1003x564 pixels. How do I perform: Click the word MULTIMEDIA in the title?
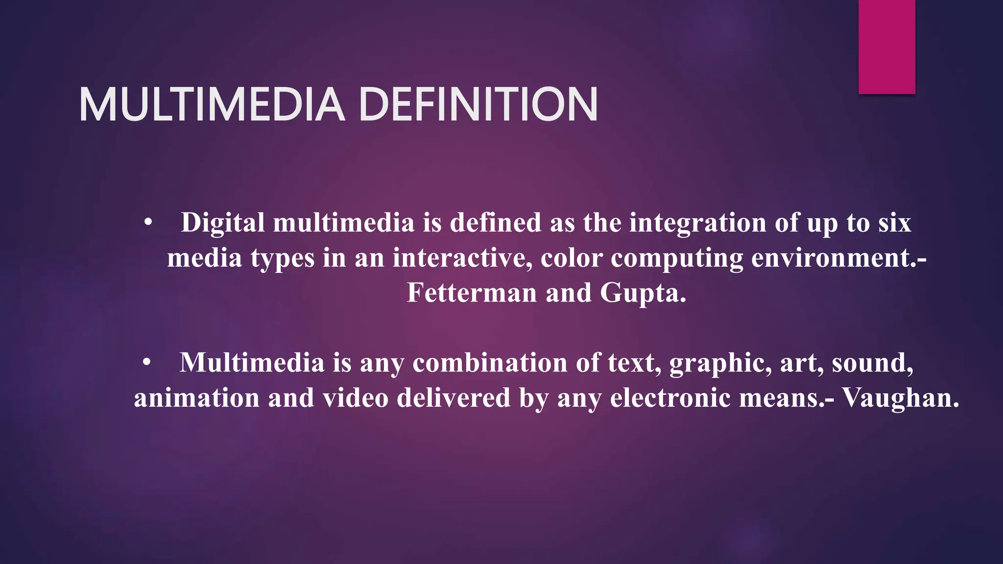[x=212, y=104]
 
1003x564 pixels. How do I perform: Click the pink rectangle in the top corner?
[x=886, y=47]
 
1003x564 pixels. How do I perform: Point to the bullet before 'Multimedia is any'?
[x=147, y=363]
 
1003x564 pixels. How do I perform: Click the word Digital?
[x=223, y=223]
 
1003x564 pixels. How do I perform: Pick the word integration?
[x=697, y=223]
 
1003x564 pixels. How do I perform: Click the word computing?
[x=676, y=258]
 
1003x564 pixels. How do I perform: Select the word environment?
[x=833, y=258]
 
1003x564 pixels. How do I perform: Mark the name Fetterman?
[x=472, y=293]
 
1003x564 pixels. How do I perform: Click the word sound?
[x=872, y=363]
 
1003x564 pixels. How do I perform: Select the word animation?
[x=196, y=398]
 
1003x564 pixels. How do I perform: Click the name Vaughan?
[x=900, y=399]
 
